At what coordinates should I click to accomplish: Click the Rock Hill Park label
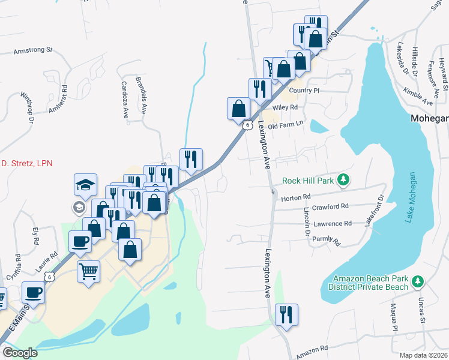(x=308, y=180)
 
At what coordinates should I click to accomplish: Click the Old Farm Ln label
(x=286, y=126)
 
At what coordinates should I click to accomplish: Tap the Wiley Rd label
(x=285, y=107)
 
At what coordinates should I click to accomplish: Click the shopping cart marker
(x=88, y=271)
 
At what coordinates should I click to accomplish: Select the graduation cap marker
(x=86, y=184)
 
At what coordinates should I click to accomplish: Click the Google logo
(x=20, y=353)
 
